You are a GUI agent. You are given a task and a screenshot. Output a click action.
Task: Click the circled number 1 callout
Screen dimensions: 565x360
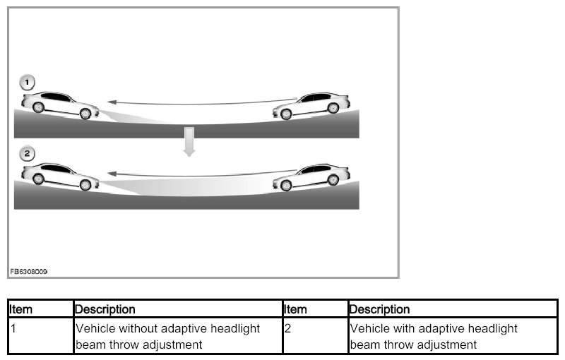27,83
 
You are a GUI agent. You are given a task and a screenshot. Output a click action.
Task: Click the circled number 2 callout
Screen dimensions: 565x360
27,153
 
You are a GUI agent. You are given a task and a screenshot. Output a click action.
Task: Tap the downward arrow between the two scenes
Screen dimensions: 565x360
188,141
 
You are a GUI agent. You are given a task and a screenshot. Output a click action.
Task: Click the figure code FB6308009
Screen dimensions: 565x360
28,271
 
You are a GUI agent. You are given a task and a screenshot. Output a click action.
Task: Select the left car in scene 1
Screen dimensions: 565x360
59,104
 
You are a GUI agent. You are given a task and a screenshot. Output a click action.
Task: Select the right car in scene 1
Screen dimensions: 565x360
312,105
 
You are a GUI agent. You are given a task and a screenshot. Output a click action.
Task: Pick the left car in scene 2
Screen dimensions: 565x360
59,176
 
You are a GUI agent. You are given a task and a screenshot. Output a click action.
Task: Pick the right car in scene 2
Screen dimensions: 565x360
312,176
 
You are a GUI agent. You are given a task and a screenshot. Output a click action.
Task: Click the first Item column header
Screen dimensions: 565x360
21,309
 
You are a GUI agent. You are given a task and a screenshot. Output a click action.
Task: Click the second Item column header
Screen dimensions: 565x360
295,309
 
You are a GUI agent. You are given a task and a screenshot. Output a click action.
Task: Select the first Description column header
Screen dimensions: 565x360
105,309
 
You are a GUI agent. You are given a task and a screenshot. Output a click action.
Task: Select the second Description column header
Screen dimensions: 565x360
379,309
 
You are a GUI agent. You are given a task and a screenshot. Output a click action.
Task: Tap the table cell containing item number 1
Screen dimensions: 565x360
41,337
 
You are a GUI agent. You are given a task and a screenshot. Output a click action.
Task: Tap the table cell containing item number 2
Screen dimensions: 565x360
315,337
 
